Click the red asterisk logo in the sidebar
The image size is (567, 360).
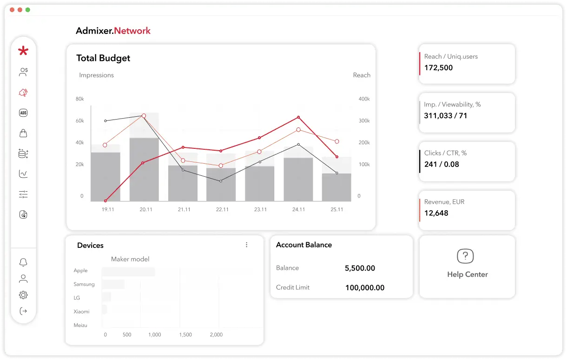[23, 51]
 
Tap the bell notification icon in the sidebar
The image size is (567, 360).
[23, 262]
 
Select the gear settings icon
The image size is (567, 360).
[23, 295]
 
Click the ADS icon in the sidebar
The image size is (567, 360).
[23, 113]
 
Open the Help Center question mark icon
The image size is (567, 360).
[465, 256]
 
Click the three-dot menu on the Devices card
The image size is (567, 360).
[247, 245]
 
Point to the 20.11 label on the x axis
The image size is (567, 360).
[146, 209]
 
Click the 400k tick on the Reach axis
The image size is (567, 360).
[364, 99]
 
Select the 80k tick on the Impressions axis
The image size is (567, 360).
[79, 99]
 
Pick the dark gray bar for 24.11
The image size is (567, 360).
[298, 179]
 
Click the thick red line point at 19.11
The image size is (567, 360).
[105, 201]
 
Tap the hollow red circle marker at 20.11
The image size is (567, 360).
[144, 116]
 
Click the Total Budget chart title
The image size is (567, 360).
[103, 58]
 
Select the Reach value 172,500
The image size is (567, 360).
[438, 68]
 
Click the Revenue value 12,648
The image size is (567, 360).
[436, 213]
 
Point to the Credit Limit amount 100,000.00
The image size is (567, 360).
[365, 288]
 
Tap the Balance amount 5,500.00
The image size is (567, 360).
[360, 268]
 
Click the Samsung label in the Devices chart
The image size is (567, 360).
[84, 284]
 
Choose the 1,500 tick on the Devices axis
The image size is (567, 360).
[185, 335]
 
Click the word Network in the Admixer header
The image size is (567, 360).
[132, 31]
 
